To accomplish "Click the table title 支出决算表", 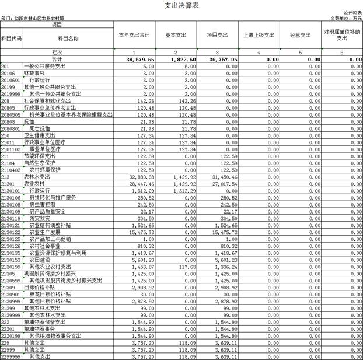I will pos(182,5).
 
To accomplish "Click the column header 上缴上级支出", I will pos(259,35).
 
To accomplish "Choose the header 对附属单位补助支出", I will pos(343,35).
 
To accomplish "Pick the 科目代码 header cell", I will pos(11,38).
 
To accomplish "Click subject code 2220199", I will pos(11,336).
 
